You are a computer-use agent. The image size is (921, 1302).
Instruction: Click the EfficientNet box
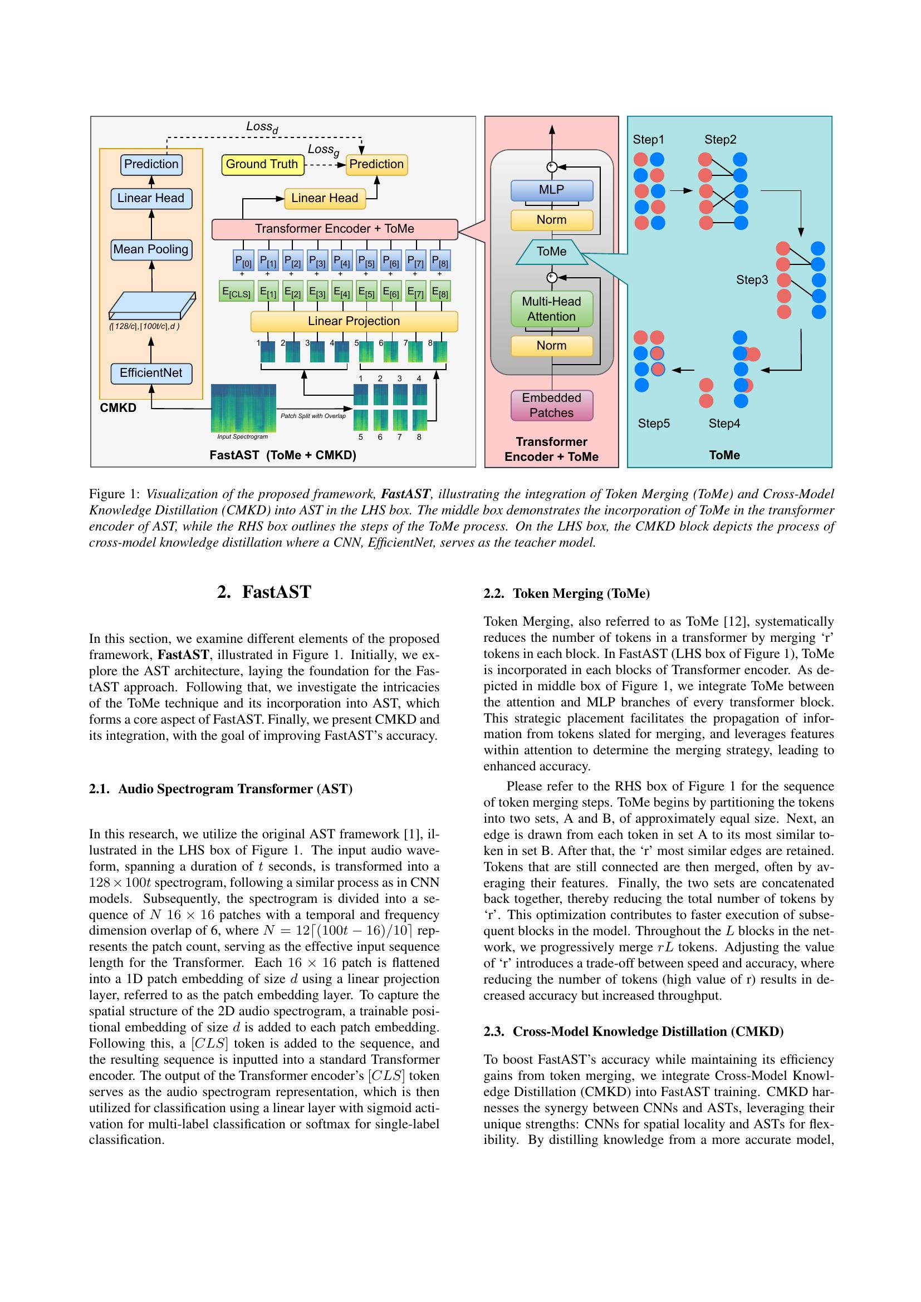151,372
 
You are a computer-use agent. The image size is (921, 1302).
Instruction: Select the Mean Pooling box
151,249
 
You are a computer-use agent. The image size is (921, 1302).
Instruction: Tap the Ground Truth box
262,164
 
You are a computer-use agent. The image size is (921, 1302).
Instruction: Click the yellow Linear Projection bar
354,321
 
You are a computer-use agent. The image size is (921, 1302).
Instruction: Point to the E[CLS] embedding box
236,293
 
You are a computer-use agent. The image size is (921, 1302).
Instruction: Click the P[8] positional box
440,262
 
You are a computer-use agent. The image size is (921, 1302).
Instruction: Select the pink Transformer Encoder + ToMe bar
335,229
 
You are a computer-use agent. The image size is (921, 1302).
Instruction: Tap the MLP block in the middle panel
551,190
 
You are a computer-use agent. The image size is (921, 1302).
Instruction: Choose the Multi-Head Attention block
551,309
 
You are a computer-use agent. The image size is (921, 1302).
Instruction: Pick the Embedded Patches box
551,405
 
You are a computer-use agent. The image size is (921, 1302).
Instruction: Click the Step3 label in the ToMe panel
752,279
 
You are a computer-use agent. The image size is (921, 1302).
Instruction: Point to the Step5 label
653,423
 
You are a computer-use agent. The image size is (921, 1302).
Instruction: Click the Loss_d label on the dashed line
262,127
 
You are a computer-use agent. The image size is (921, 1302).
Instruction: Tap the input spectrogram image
243,407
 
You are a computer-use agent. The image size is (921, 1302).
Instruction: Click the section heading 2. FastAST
264,592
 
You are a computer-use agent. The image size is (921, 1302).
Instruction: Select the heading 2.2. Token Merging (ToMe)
566,593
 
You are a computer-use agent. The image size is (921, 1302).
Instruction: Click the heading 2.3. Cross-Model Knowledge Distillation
634,1031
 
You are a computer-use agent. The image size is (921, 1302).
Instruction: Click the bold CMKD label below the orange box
118,407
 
